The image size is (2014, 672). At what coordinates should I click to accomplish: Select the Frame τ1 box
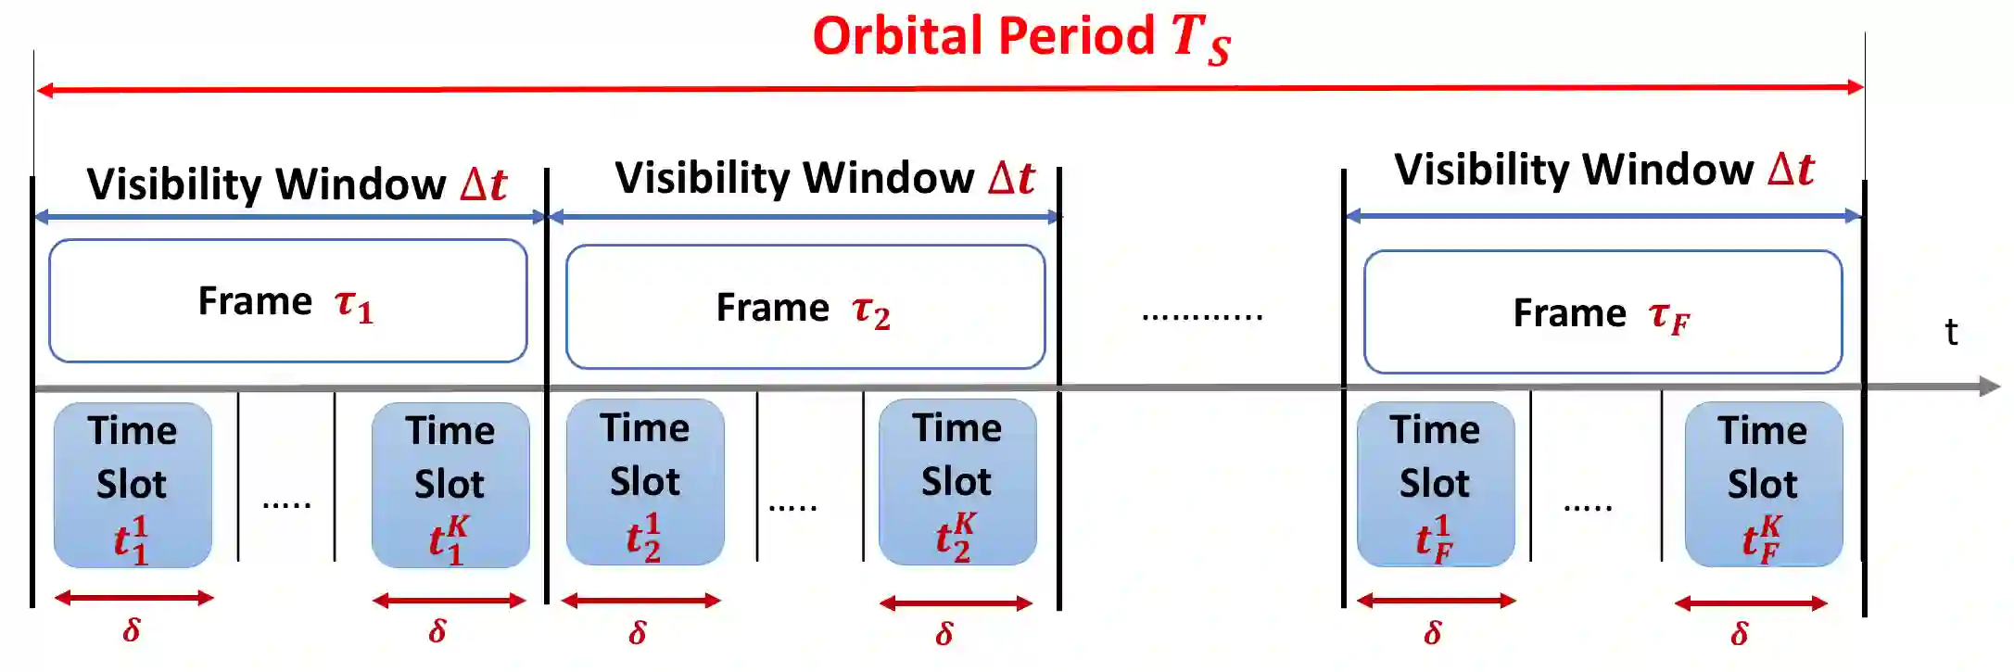click(x=287, y=301)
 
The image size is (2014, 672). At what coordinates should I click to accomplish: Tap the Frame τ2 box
click(x=804, y=308)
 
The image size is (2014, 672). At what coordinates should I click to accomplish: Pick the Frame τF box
click(x=1602, y=312)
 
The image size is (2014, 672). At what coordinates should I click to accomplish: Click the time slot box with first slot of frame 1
click(x=133, y=485)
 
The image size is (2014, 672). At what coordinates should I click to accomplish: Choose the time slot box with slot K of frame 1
click(x=450, y=485)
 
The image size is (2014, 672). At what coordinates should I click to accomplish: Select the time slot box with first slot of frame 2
click(x=645, y=482)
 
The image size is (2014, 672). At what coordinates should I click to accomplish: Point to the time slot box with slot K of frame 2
click(x=956, y=482)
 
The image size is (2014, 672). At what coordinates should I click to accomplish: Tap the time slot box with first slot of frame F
click(x=1435, y=484)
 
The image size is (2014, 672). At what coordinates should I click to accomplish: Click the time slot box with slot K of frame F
click(x=1763, y=484)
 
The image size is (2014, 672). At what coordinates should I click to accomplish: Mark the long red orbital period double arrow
click(x=950, y=89)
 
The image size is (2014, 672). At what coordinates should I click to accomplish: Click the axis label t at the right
click(x=1950, y=332)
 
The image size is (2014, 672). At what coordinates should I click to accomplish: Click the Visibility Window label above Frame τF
click(x=1603, y=170)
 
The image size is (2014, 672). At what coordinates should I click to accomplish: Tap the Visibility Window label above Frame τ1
click(x=297, y=184)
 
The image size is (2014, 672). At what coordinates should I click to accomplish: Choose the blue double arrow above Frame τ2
click(x=804, y=217)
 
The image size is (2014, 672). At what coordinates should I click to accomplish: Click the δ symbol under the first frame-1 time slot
click(x=132, y=630)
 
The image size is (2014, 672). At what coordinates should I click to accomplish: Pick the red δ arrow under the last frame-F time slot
click(x=1751, y=603)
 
